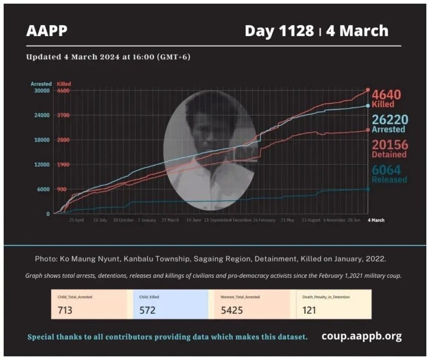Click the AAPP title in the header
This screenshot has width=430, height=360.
coord(47,31)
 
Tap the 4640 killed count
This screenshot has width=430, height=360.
coord(386,95)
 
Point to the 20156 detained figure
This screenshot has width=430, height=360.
coord(390,145)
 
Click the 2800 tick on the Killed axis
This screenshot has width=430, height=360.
coord(63,140)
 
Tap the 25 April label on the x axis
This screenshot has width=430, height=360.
coord(77,221)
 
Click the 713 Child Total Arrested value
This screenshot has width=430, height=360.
coord(65,310)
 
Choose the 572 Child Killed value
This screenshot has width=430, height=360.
coord(147,310)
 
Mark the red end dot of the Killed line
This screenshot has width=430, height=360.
coord(368,90)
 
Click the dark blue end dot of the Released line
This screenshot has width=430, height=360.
coord(368,189)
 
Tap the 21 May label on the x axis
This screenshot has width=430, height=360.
coord(287,221)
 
